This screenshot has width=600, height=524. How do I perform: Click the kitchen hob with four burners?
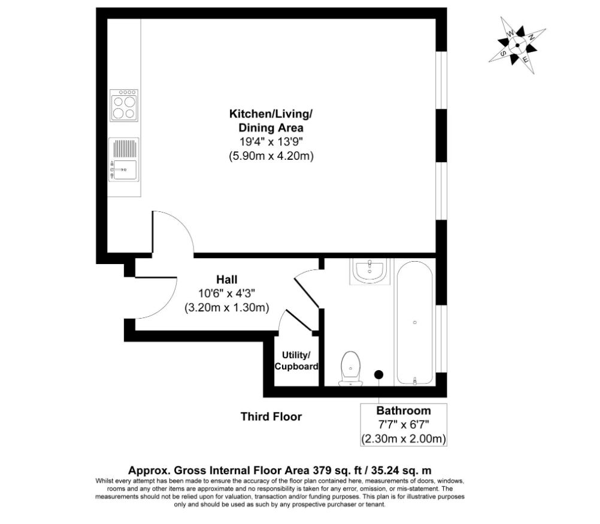pyautogui.click(x=123, y=105)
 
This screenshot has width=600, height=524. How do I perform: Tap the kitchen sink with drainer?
pyautogui.click(x=123, y=160)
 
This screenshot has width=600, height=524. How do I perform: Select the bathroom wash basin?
pyautogui.click(x=369, y=271)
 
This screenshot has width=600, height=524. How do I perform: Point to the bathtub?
pyautogui.click(x=415, y=323)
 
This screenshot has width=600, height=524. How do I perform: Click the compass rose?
pyautogui.click(x=517, y=45)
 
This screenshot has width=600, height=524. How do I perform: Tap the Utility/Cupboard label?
pyautogui.click(x=296, y=361)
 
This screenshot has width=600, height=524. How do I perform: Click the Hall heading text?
pyautogui.click(x=227, y=279)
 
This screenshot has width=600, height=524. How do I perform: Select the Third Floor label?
pyautogui.click(x=271, y=416)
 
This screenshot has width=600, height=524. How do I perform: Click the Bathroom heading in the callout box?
pyautogui.click(x=404, y=411)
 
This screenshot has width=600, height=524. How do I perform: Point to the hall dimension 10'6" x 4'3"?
pyautogui.click(x=227, y=293)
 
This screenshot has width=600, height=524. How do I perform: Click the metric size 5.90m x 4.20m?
pyautogui.click(x=271, y=156)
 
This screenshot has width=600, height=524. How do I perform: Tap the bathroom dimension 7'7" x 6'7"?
pyautogui.click(x=404, y=425)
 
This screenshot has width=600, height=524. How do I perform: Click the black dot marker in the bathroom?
pyautogui.click(x=379, y=374)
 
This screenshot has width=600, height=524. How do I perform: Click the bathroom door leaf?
pyautogui.click(x=307, y=293)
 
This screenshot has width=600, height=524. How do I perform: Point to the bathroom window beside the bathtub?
pyautogui.click(x=441, y=338)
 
